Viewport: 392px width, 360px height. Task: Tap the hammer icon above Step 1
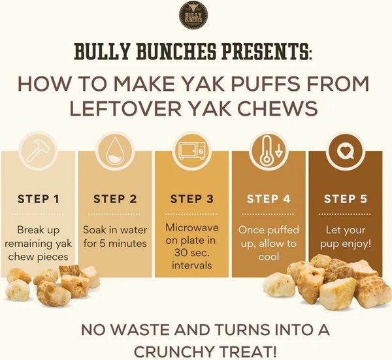click(x=39, y=152)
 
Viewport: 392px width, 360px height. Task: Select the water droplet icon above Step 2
click(x=115, y=152)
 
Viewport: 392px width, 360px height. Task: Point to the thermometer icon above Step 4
click(x=269, y=152)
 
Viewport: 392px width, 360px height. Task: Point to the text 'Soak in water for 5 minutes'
click(x=115, y=237)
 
